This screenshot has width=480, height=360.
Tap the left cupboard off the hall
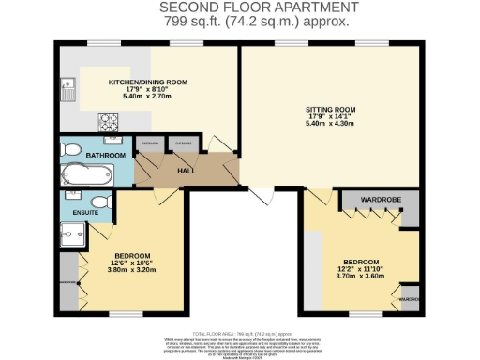(x=147, y=144)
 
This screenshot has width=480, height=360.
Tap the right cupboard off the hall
(x=182, y=144)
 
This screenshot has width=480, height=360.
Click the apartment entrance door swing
(x=260, y=194)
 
